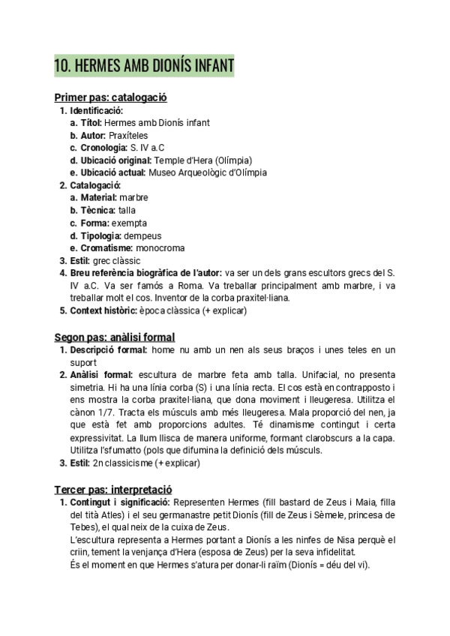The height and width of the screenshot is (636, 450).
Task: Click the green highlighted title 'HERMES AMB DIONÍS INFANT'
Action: pyautogui.click(x=144, y=66)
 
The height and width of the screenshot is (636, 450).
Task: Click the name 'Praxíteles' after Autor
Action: pyautogui.click(x=127, y=135)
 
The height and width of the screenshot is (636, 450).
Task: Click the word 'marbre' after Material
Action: pyautogui.click(x=133, y=197)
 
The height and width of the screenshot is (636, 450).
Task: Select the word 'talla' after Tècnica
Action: pyautogui.click(x=127, y=210)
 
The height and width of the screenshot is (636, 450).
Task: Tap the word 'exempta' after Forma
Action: pyautogui.click(x=130, y=223)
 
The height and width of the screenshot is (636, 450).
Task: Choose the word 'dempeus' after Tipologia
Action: pyautogui.click(x=142, y=235)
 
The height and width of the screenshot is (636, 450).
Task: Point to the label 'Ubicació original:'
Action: pyautogui.click(x=115, y=160)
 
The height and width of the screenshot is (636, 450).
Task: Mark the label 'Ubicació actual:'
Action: pyautogui.click(x=109, y=172)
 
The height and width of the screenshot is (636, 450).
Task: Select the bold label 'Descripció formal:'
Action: pyautogui.click(x=108, y=350)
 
